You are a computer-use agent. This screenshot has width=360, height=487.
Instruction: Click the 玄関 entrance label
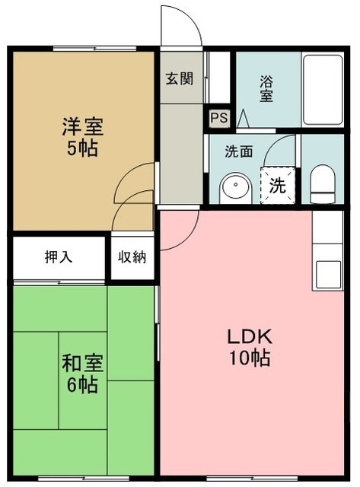180,77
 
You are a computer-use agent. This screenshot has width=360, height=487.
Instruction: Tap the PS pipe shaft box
218,118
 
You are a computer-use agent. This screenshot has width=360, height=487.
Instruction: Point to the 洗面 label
238,151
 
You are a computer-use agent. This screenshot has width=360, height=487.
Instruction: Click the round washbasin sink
234,187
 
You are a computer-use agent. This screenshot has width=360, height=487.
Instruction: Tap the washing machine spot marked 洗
277,185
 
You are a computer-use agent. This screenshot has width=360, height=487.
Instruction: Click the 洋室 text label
81,126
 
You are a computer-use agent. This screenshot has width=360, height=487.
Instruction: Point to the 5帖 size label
81,148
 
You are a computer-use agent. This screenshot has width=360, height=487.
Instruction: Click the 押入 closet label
59,256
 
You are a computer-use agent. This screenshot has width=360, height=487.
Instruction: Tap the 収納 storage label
131,256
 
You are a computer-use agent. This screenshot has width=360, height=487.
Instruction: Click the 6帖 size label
81,385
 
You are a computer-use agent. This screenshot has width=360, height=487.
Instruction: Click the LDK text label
246,336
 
